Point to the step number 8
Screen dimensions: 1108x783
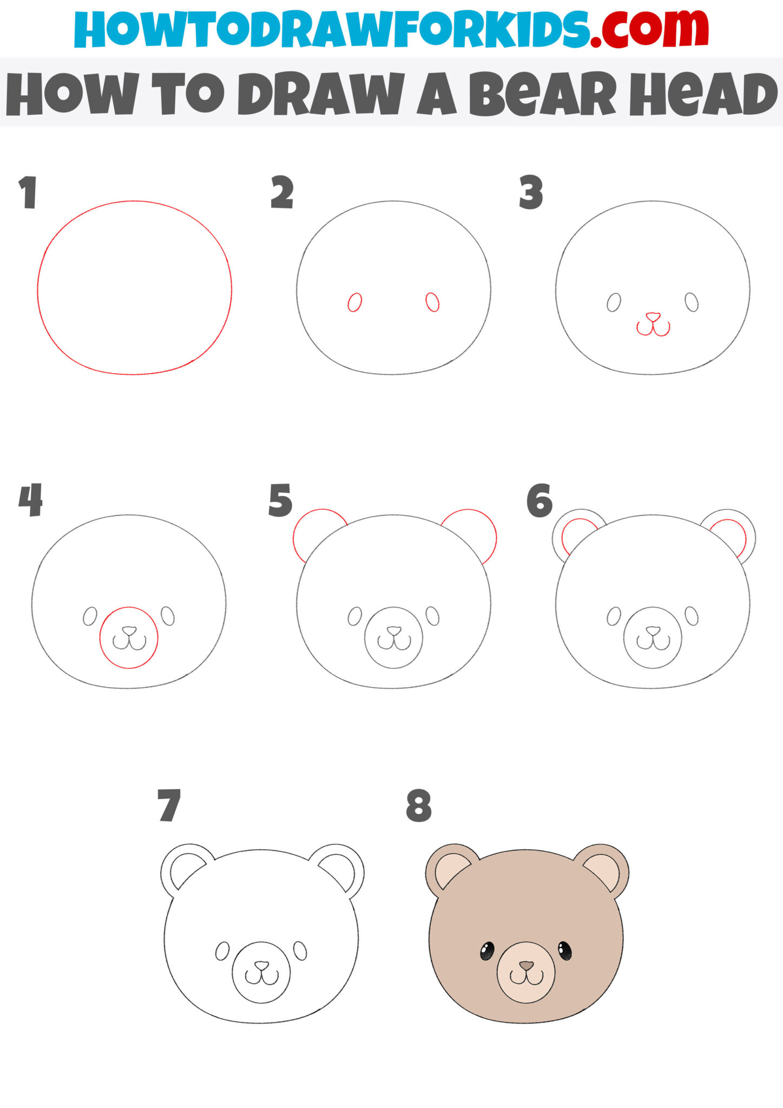(x=419, y=806)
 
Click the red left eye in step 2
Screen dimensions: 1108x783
(x=354, y=302)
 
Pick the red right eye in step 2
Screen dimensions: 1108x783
(x=432, y=302)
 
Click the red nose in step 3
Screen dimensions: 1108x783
(x=653, y=316)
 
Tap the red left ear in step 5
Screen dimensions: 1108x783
(x=314, y=530)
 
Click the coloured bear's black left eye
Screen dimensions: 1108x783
(x=487, y=951)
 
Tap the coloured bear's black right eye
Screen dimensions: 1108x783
(x=564, y=950)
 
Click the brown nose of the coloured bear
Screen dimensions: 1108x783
(x=526, y=965)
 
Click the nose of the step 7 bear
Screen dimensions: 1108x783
(x=261, y=965)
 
